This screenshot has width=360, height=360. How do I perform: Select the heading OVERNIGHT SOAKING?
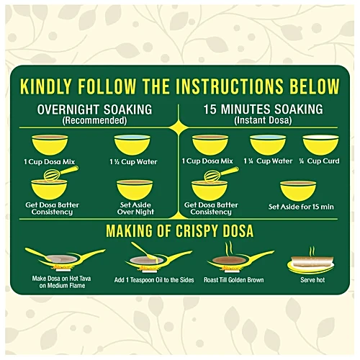click(94, 109)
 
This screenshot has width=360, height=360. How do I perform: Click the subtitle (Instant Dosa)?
click(263, 120)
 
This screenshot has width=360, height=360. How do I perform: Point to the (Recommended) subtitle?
click(94, 120)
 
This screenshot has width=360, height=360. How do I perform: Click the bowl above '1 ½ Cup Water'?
click(132, 145)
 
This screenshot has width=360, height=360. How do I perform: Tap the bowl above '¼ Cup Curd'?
click(320, 145)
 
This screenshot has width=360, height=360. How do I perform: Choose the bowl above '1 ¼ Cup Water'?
click(268, 145)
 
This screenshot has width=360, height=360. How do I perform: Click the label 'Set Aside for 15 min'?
click(301, 207)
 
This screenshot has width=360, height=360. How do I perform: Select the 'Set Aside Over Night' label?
click(135, 208)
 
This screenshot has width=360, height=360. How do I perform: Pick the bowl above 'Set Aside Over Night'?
click(135, 189)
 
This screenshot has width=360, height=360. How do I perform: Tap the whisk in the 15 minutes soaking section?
click(221, 174)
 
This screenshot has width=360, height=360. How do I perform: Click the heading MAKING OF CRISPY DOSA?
click(180, 231)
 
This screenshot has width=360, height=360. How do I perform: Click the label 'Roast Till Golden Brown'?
click(234, 280)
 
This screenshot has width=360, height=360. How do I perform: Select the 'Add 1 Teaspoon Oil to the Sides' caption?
click(154, 280)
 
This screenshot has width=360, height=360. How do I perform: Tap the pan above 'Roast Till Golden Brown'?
click(240, 260)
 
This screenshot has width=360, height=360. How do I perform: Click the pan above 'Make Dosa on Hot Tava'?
click(66, 258)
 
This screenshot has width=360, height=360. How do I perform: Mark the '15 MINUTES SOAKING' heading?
click(264, 109)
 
